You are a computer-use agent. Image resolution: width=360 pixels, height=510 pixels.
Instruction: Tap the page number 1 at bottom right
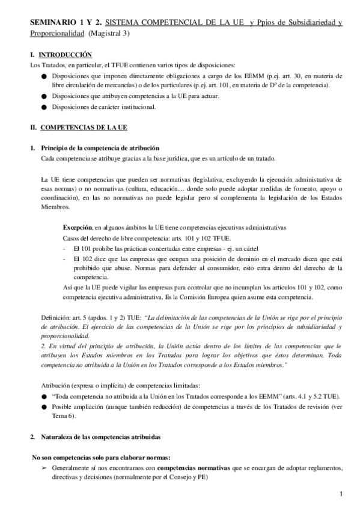(x=340, y=494)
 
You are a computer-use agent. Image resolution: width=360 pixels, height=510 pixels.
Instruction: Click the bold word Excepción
(x=78, y=228)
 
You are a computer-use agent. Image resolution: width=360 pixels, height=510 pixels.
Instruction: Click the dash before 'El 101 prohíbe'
(x=64, y=248)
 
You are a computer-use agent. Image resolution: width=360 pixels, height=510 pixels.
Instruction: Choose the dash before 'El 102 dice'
(x=64, y=258)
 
